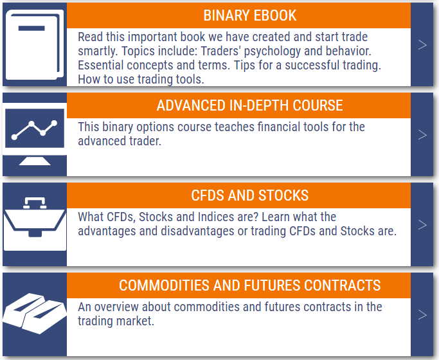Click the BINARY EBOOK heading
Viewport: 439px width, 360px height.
(x=250, y=15)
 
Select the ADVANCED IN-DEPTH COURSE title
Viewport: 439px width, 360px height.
(x=250, y=105)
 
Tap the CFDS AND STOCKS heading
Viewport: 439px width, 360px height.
(x=250, y=195)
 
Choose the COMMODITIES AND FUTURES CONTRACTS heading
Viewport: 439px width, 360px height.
(x=250, y=285)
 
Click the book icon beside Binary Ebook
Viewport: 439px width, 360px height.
(x=33, y=44)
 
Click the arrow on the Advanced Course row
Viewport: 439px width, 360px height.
(x=422, y=134)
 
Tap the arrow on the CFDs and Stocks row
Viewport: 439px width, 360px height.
(x=422, y=224)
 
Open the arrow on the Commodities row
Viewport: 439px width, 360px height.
(x=422, y=314)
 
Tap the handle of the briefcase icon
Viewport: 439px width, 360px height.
(x=34, y=203)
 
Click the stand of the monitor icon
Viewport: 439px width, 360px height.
(x=34, y=160)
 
